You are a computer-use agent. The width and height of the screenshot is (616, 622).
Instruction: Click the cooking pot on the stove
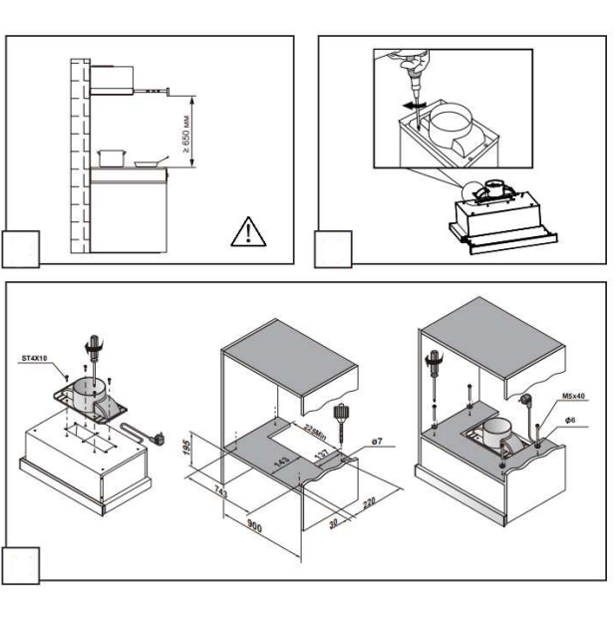112,158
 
